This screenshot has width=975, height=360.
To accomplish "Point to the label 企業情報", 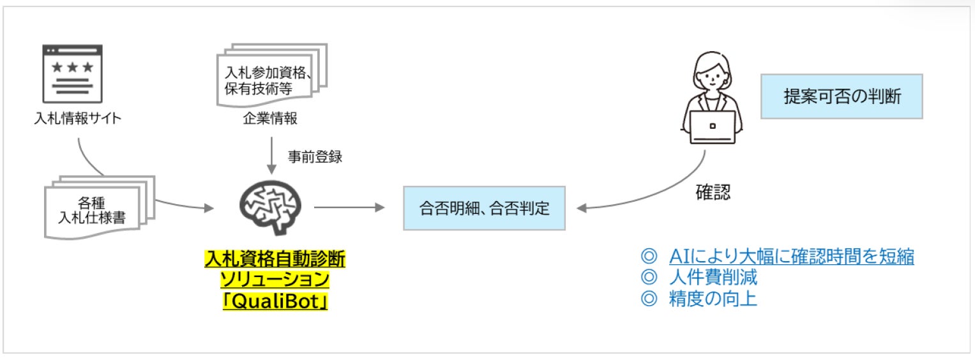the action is point(270,118).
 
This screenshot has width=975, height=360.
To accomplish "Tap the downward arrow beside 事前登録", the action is point(271,156).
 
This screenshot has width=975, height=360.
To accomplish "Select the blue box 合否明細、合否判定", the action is point(485,208).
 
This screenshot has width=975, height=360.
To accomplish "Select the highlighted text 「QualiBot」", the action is point(275,300).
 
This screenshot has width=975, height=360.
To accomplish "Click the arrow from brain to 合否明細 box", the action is point(349,207).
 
